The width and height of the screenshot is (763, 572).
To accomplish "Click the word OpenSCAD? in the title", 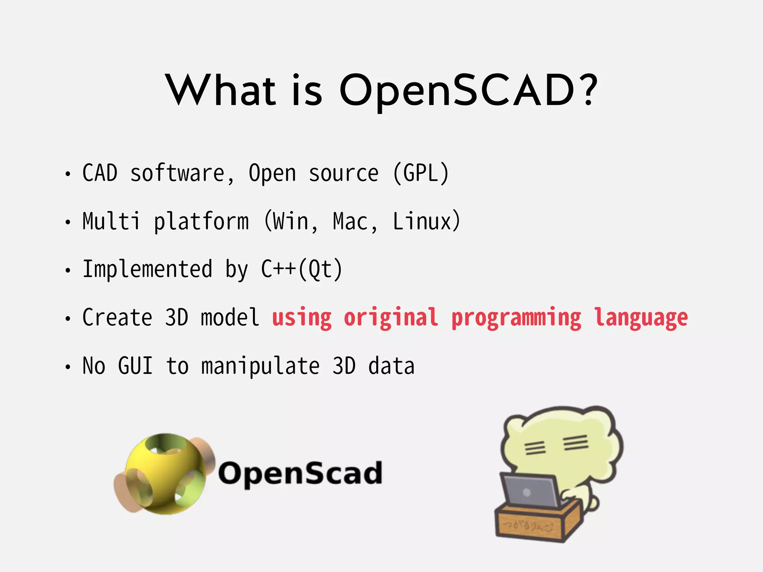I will pyautogui.click(x=468, y=90).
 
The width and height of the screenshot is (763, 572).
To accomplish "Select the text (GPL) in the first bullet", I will pyautogui.click(x=421, y=174).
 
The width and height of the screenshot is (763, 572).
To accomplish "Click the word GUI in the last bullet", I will pyautogui.click(x=135, y=366).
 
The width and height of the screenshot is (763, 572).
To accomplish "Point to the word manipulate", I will pyautogui.click(x=260, y=366).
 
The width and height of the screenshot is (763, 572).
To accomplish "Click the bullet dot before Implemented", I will pyautogui.click(x=67, y=270).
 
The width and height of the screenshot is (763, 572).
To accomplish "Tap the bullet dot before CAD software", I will pyautogui.click(x=67, y=174).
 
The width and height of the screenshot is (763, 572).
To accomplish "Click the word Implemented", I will pyautogui.click(x=147, y=269).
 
